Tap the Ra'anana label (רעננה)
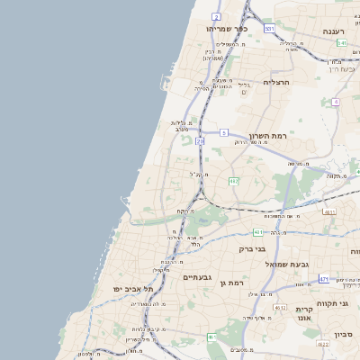(x=341, y=31)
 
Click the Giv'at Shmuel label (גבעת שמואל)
(x=287, y=265)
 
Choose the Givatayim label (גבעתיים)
(x=202, y=278)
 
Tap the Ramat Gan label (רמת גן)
(x=233, y=283)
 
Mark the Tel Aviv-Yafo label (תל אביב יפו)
(x=133, y=288)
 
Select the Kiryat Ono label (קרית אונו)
(x=303, y=314)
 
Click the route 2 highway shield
(x=216, y=16)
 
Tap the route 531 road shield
(x=269, y=29)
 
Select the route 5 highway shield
(x=223, y=132)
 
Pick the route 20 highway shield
(x=200, y=141)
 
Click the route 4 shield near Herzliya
(x=336, y=102)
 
